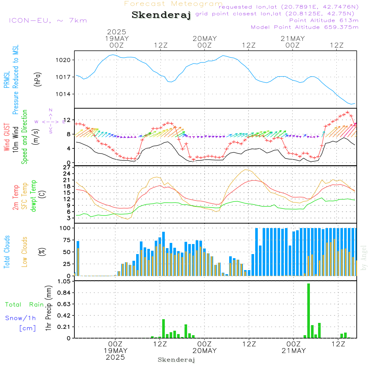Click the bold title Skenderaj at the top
[161, 15]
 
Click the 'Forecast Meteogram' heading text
[173, 4]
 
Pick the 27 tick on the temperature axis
[67, 168]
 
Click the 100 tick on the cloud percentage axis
[65, 228]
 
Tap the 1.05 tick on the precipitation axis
[64, 282]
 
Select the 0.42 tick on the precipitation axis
[64, 315]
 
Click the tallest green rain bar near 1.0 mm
[308, 311]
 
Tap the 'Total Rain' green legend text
[25, 305]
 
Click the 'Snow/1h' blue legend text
[21, 318]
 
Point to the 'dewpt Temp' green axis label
[33, 196]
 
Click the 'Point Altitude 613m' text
[324, 20]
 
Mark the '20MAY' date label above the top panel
[205, 39]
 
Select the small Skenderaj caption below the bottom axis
[176, 360]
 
